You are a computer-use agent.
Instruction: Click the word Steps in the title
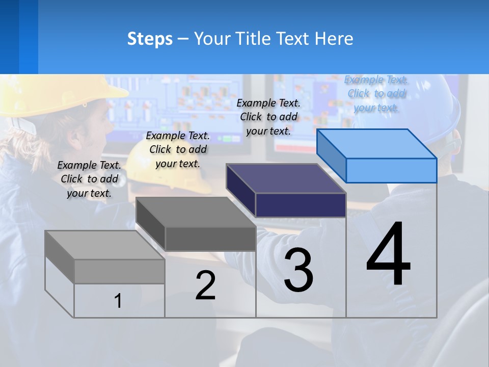click(x=150, y=39)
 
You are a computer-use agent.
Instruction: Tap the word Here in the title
click(x=334, y=39)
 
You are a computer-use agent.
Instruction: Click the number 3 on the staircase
click(x=298, y=270)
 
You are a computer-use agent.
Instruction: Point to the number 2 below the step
click(x=205, y=285)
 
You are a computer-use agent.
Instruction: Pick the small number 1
click(x=118, y=301)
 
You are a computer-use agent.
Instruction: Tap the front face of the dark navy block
click(x=301, y=205)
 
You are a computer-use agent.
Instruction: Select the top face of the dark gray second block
click(x=196, y=212)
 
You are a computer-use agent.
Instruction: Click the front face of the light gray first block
click(x=119, y=271)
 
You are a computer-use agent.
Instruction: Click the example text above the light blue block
click(x=376, y=94)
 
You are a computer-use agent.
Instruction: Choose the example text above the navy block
click(x=268, y=117)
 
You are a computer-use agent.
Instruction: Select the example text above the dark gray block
click(x=178, y=149)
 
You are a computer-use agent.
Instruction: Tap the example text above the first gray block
click(x=89, y=179)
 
